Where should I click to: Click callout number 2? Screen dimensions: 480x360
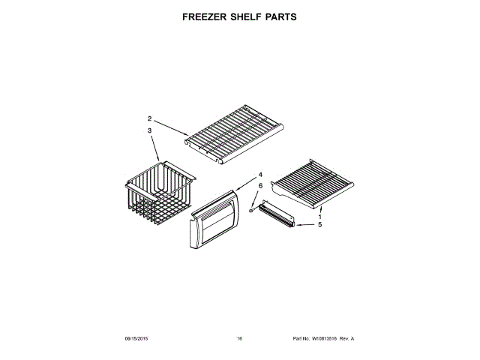(149, 118)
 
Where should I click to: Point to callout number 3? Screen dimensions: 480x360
(149, 130)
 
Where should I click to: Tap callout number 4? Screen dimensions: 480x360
(260, 175)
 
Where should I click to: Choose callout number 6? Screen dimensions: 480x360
(260, 185)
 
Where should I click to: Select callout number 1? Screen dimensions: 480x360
(319, 216)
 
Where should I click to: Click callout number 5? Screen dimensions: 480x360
(319, 224)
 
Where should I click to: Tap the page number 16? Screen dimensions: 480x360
(239, 339)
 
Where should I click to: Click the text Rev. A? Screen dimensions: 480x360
(346, 339)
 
